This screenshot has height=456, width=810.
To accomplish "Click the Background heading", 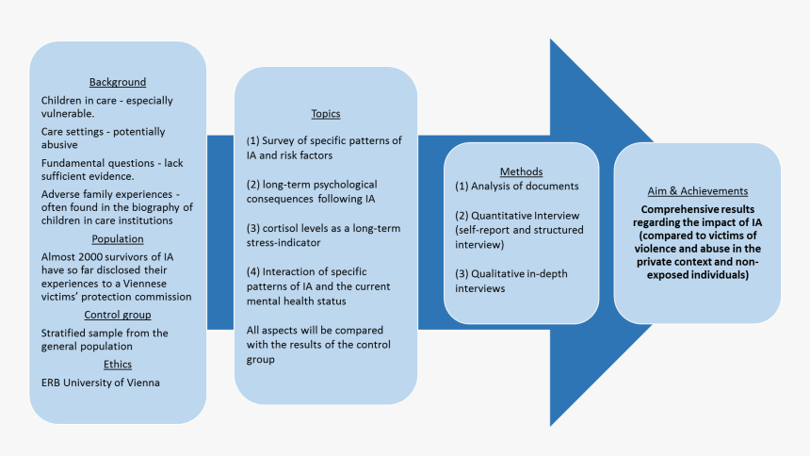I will tap(118, 82).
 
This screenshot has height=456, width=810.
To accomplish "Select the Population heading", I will tap(118, 239).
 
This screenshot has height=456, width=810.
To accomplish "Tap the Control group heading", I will tap(118, 315).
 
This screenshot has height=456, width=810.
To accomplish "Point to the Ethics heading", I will tap(118, 365).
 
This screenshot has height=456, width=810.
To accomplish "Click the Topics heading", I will tap(325, 113).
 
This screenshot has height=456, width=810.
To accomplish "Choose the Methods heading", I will tap(521, 171).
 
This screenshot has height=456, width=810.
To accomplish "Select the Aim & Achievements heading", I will tap(697, 191).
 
